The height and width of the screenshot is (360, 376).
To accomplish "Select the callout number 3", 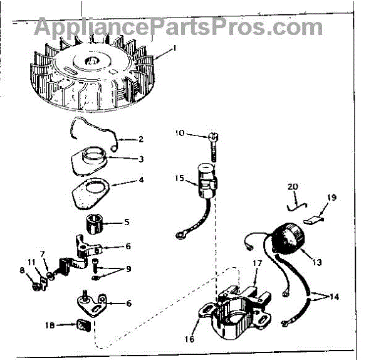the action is tap(140, 159).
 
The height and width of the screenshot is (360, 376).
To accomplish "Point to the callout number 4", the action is tap(140, 180).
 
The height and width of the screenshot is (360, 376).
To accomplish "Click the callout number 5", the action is tap(127, 221).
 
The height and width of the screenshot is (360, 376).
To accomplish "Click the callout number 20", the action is tap(293, 187).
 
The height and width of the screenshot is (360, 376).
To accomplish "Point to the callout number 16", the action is tap(190, 339).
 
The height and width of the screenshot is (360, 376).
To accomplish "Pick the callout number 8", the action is tap(23, 271).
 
